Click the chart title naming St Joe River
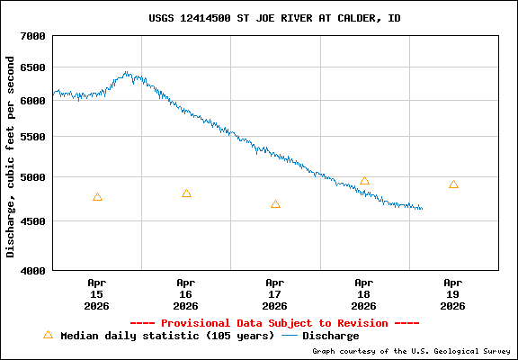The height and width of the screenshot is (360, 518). [x=274, y=18]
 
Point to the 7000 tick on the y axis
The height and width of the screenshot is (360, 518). [x=33, y=36]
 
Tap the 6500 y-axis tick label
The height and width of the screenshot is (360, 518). [x=33, y=67]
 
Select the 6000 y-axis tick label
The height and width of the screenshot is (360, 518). [x=33, y=101]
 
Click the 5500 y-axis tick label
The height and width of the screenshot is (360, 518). [x=33, y=137]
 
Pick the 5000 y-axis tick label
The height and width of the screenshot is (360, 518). [x=33, y=177]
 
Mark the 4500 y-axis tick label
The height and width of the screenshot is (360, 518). [x=33, y=221]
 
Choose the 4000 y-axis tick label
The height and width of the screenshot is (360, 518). [x=33, y=270]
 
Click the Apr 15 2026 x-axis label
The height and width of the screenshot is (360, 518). [x=97, y=293]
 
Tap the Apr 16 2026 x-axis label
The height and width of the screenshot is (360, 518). [x=186, y=293]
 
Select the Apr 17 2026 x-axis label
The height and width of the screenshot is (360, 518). [x=275, y=293]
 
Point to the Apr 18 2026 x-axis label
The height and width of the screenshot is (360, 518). [x=364, y=293]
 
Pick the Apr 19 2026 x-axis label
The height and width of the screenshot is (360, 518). [x=453, y=293]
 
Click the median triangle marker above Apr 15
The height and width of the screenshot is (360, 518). [x=97, y=197]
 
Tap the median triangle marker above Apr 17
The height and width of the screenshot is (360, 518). [x=275, y=204]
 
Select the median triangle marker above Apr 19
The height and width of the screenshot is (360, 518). [x=453, y=184]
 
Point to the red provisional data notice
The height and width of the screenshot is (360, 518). [x=274, y=322]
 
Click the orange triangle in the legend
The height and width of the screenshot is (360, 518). [x=48, y=335]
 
